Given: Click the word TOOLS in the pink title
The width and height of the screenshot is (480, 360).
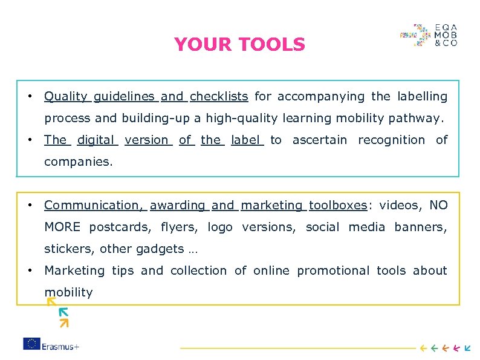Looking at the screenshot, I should tap(272, 45).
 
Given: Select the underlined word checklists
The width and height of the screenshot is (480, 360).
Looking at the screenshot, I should tap(219, 96).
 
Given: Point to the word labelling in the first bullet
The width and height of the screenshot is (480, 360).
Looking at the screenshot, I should tap(422, 96).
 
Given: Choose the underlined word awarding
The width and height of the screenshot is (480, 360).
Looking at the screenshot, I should tap(178, 205).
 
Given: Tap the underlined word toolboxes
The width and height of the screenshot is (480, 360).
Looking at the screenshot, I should tap(338, 205).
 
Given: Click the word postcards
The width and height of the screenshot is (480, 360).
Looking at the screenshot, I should tap(122, 227).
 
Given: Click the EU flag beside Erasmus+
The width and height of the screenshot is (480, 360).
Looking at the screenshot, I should tap(32, 344).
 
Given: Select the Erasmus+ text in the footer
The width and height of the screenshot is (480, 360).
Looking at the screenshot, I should tap(61, 344).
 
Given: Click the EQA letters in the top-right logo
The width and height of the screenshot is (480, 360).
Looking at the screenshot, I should tap(446, 28).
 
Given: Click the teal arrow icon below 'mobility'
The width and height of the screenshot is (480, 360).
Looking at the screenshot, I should tap(63, 312).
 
